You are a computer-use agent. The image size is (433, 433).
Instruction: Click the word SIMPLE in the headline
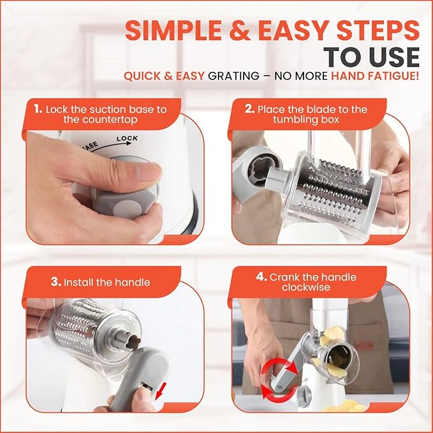tap(173, 30)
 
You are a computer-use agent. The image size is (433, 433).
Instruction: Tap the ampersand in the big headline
tap(239, 30)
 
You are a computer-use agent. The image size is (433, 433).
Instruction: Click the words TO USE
tap(371, 57)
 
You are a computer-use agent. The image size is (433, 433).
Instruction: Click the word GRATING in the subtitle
tap(233, 76)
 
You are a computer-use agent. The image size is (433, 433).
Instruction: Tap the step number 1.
tap(38, 109)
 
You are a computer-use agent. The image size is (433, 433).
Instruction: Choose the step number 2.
tap(249, 109)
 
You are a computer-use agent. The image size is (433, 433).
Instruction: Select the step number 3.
tap(55, 282)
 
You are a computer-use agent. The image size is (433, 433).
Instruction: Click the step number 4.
tap(261, 277)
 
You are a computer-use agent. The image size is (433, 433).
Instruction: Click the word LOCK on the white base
tap(127, 138)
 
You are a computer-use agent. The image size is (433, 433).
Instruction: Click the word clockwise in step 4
tap(306, 287)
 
